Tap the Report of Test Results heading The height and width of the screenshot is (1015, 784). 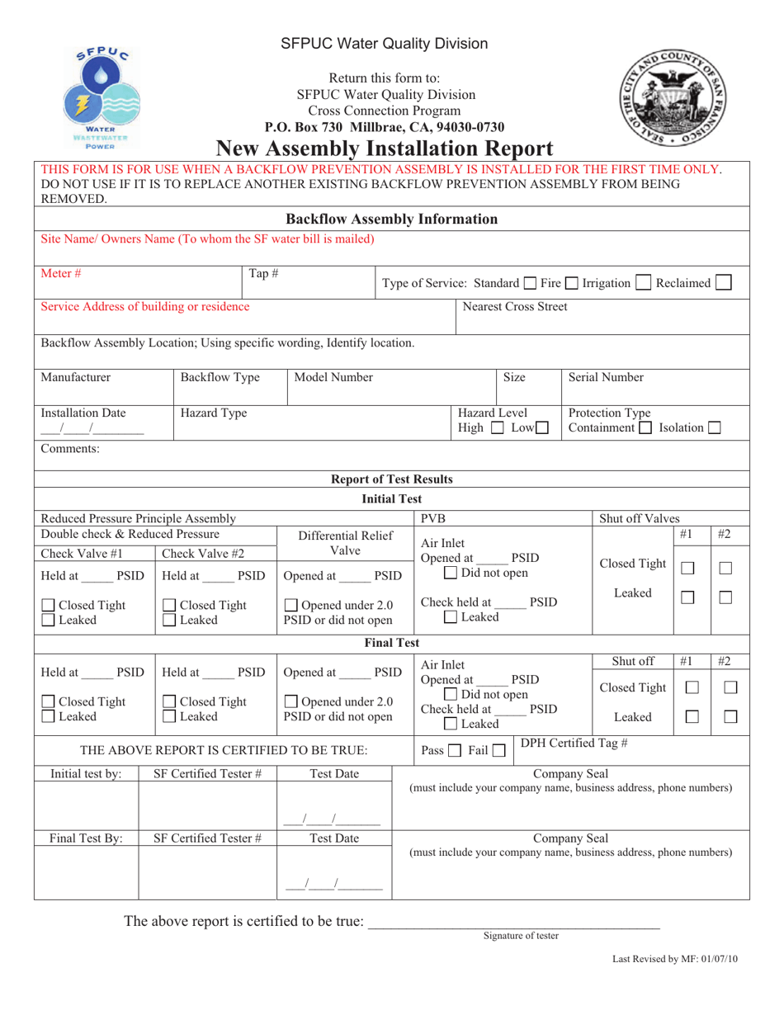[x=392, y=479]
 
